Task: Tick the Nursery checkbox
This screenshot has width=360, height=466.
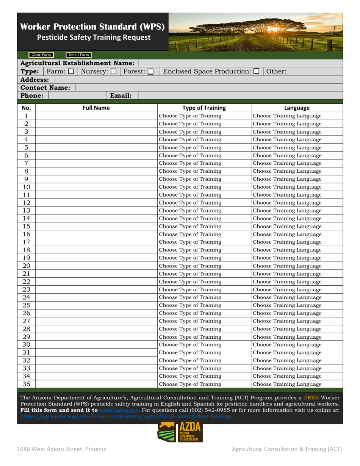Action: pyautogui.click(x=113, y=71)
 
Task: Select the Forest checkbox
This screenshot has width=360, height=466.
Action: pyautogui.click(x=150, y=71)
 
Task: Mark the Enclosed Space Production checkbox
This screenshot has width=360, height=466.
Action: pyautogui.click(x=257, y=71)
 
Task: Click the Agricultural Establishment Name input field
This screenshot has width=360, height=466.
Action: pyautogui.click(x=241, y=63)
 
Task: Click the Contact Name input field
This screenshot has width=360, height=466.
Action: pyautogui.click(x=208, y=88)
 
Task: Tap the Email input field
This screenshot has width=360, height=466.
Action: pyautogui.click(x=241, y=96)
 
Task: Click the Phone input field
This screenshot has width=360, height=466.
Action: pyautogui.click(x=78, y=96)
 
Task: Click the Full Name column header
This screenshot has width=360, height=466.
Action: pyautogui.click(x=96, y=108)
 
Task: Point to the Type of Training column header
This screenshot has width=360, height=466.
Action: pyautogui.click(x=204, y=108)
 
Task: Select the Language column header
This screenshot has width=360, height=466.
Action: pyautogui.click(x=297, y=108)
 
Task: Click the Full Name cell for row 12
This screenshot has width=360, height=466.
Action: pyautogui.click(x=96, y=203)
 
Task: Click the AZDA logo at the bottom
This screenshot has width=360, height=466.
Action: pyautogui.click(x=180, y=432)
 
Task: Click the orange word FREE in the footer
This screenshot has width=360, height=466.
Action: pyautogui.click(x=311, y=398)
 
